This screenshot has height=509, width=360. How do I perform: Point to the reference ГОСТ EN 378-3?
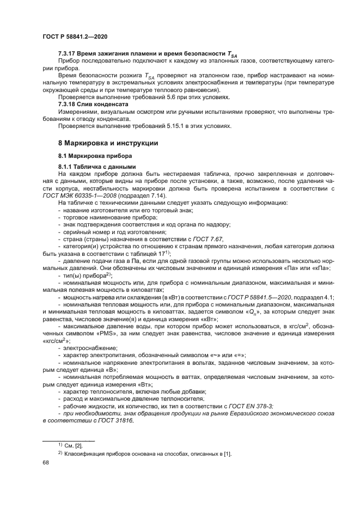(249, 407)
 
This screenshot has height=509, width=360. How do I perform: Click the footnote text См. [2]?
(74, 445)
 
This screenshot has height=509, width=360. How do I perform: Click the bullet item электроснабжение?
(90, 347)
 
